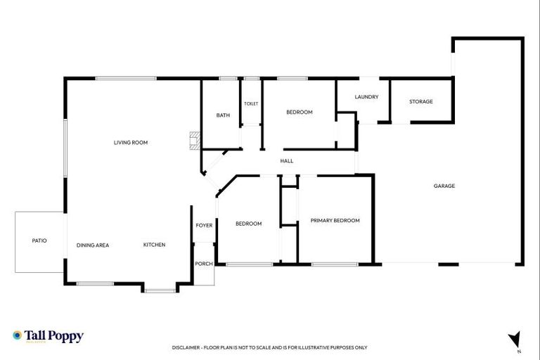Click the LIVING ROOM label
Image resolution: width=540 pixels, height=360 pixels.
click(131, 143)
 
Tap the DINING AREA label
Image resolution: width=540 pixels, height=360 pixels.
click(93, 245)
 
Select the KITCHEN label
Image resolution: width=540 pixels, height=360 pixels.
click(154, 245)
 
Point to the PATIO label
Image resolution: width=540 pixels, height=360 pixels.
click(39, 240)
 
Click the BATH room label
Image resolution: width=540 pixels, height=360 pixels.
click(223, 115)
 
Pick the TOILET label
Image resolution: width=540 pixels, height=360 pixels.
click(251, 104)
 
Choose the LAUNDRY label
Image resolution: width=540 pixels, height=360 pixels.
click(366, 97)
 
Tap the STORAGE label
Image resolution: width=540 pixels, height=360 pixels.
click(420, 102)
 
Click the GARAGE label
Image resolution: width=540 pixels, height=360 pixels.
click(444, 186)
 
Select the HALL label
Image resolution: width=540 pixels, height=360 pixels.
click(286, 161)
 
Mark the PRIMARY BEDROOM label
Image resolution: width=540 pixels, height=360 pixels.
click(335, 221)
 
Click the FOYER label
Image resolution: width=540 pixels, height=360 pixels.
click(204, 226)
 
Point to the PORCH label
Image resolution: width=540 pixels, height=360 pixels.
click(204, 264)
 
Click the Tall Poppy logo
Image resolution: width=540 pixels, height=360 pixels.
click(48, 336)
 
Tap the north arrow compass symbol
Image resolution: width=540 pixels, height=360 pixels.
click(515, 340)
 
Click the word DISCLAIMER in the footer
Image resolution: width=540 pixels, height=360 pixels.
click(186, 347)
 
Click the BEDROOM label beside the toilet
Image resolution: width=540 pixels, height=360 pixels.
click(299, 112)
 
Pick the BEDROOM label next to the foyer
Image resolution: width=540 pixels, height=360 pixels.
click(248, 224)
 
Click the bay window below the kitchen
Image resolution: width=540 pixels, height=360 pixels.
click(160, 288)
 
